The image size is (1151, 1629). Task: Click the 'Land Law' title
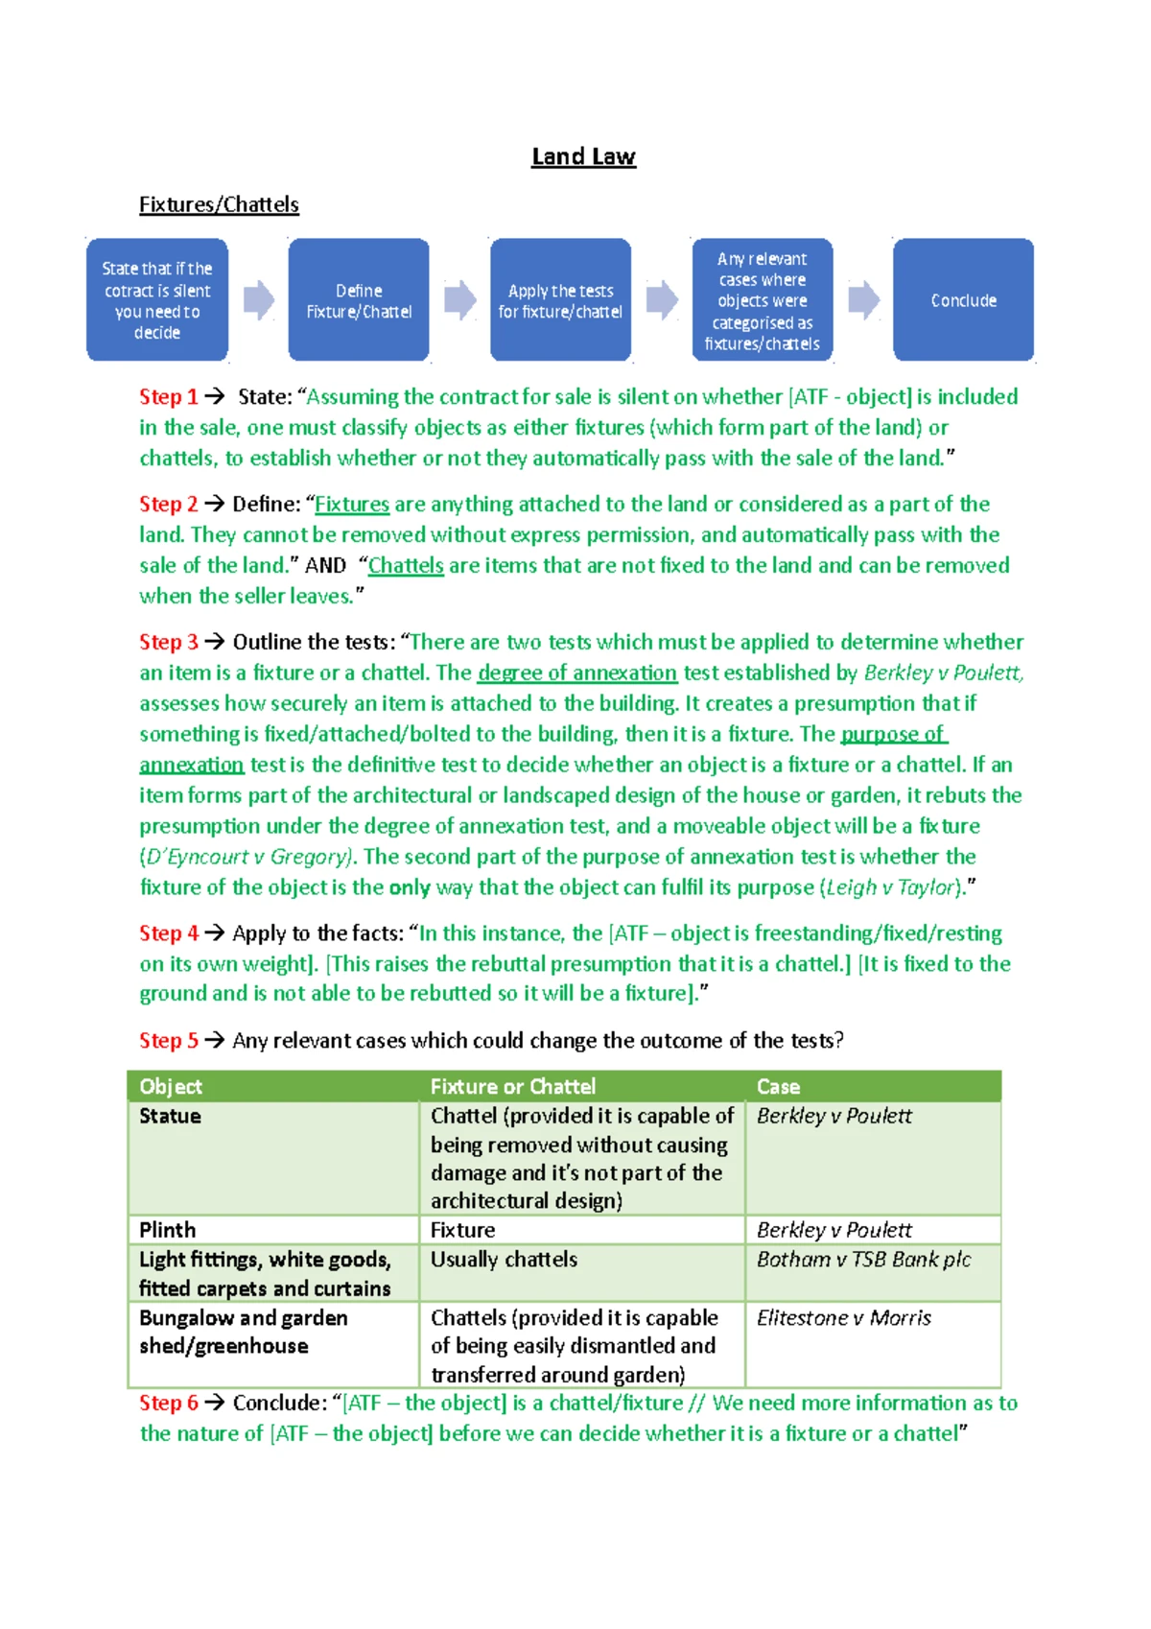583,156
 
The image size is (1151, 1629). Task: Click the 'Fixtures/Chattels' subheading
219,204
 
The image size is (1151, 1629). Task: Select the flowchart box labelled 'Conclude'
963,300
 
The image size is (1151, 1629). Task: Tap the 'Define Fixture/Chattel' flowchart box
359,300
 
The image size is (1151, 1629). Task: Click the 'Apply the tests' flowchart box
560,300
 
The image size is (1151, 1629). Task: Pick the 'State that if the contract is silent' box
157,300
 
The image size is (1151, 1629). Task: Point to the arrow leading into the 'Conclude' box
863,300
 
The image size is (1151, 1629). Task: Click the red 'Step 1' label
168,396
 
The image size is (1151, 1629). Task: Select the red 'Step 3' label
168,642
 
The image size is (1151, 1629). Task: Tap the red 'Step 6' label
168,1403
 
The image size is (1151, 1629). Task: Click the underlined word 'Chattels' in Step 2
406,565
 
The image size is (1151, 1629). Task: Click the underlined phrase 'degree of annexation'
577,673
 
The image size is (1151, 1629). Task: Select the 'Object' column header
171,1086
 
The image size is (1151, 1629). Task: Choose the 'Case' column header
778,1086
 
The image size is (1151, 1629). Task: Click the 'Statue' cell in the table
170,1116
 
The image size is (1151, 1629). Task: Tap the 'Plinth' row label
167,1230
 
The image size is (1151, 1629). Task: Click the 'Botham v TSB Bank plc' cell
863,1260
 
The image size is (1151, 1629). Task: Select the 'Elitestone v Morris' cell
843,1318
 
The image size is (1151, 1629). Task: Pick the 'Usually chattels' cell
504,1260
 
